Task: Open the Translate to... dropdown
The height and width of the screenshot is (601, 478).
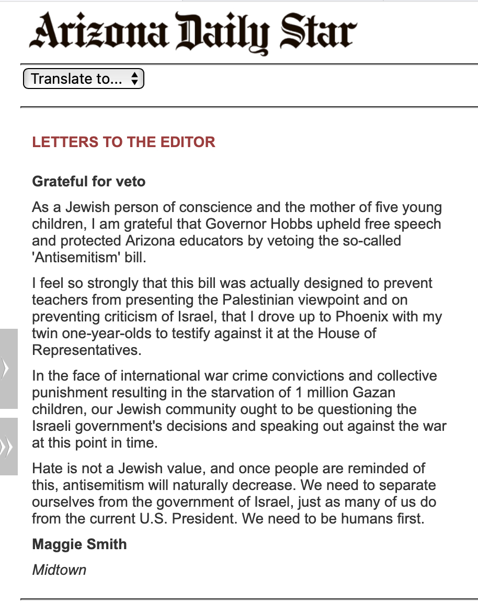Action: [x=84, y=79]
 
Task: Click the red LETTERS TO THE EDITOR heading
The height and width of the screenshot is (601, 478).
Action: [x=123, y=142]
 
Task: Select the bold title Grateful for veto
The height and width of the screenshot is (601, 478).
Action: [x=89, y=182]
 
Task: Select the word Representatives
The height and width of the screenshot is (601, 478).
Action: [x=86, y=351]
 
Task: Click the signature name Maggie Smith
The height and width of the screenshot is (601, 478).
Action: [x=79, y=544]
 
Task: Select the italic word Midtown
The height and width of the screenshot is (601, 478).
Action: [x=59, y=570]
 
